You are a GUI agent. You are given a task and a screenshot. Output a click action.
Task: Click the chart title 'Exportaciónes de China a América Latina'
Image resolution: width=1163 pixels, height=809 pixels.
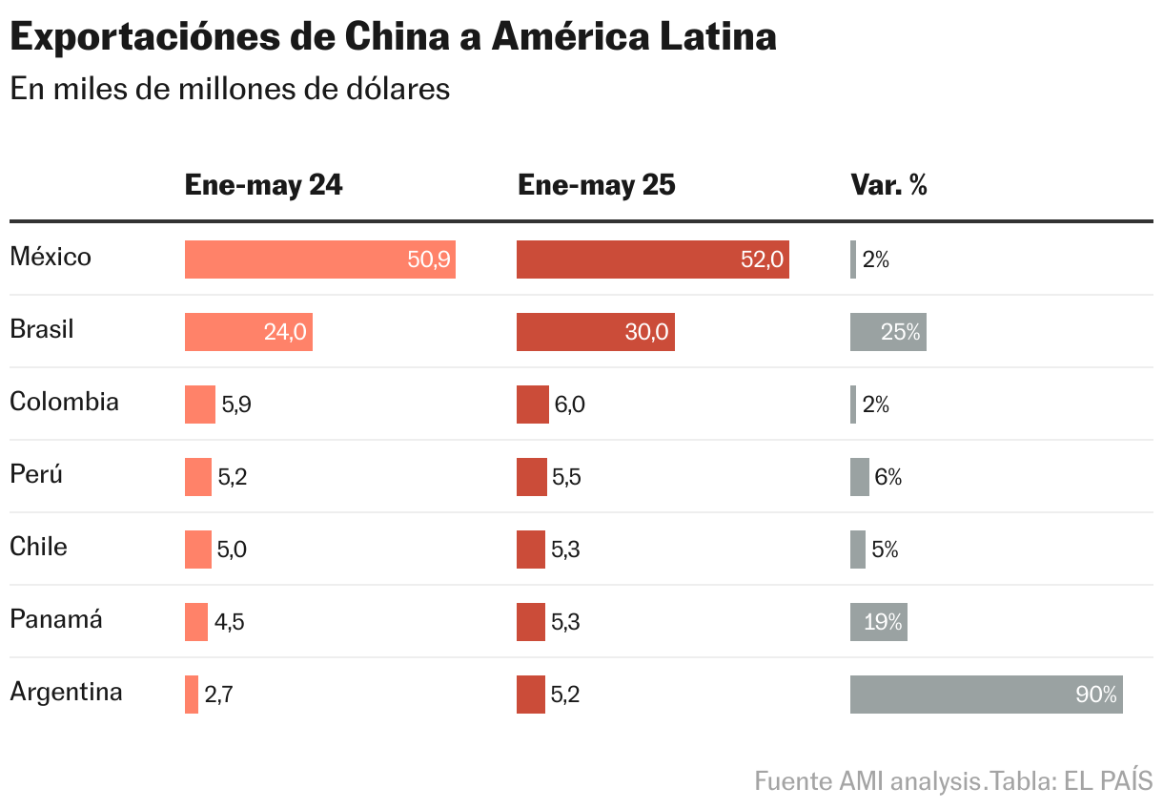pyautogui.click(x=393, y=37)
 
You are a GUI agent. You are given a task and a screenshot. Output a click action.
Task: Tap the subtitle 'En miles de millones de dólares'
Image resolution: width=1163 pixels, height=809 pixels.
pyautogui.click(x=230, y=89)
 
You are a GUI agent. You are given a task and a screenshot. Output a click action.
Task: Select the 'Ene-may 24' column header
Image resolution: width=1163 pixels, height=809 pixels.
pyautogui.click(x=263, y=185)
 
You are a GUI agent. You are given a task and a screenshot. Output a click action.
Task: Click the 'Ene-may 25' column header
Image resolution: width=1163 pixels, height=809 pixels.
pyautogui.click(x=596, y=185)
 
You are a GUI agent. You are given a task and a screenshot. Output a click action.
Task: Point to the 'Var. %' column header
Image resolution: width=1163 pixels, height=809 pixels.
pyautogui.click(x=888, y=185)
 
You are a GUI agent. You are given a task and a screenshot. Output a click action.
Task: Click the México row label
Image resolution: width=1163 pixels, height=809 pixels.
pyautogui.click(x=51, y=257)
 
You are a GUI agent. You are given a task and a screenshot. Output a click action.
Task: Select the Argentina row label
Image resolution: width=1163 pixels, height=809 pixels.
pyautogui.click(x=66, y=692)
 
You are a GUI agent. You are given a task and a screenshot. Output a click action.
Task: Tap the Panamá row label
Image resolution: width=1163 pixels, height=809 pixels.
pyautogui.click(x=55, y=619)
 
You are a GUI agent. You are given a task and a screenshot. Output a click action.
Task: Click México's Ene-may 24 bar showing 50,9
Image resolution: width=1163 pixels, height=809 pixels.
pyautogui.click(x=319, y=259)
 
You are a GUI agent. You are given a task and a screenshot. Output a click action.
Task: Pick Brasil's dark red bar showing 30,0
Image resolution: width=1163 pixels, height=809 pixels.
pyautogui.click(x=595, y=332)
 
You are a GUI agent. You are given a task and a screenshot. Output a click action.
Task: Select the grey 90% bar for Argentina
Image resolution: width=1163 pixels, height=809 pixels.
pyautogui.click(x=986, y=695)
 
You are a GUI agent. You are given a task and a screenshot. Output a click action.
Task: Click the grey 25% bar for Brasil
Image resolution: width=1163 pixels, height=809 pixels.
pyautogui.click(x=888, y=332)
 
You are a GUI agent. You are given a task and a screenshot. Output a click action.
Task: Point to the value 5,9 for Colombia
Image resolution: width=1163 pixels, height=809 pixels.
pyautogui.click(x=236, y=404)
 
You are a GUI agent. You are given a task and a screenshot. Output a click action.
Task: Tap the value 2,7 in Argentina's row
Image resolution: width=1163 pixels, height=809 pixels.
pyautogui.click(x=218, y=695)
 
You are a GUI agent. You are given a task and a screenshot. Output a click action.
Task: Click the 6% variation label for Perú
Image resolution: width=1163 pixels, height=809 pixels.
pyautogui.click(x=888, y=477)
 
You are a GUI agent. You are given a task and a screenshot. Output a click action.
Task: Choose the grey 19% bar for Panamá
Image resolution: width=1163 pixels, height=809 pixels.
pyautogui.click(x=878, y=622)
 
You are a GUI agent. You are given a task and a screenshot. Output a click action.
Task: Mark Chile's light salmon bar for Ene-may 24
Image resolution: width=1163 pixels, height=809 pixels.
pyautogui.click(x=197, y=550)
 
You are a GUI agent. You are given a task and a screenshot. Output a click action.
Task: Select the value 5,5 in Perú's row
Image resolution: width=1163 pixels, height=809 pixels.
pyautogui.click(x=566, y=477)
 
